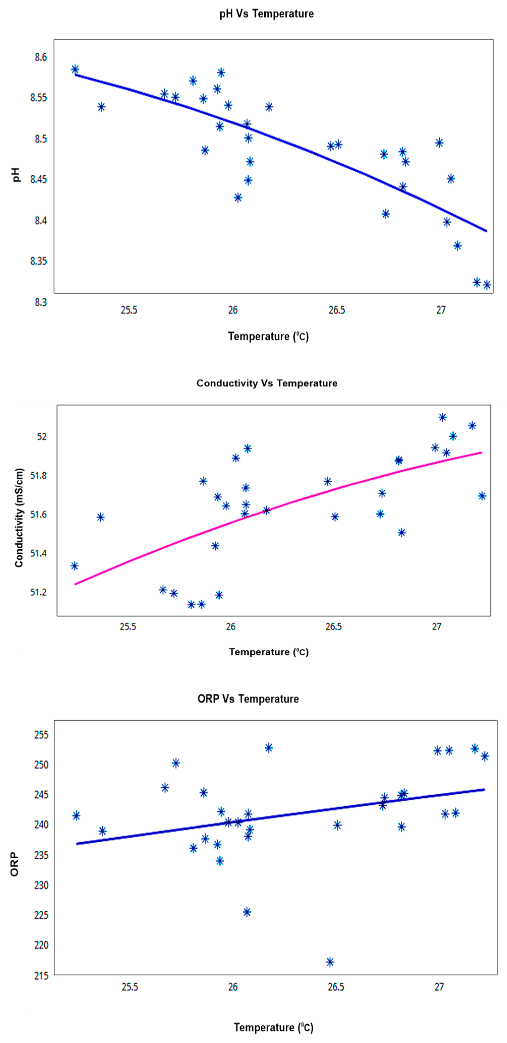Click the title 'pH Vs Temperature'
click(266, 14)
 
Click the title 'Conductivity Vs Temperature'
click(267, 383)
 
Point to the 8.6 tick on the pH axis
click(41, 57)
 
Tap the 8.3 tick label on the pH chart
click(41, 302)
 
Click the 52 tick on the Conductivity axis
click(42, 436)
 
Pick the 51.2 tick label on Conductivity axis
click(39, 592)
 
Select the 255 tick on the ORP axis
click(41, 735)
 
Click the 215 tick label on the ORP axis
click(41, 975)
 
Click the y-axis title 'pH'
click(16, 175)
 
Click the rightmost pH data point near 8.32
click(487, 285)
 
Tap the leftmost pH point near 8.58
click(75, 69)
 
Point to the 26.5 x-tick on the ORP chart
click(336, 987)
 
